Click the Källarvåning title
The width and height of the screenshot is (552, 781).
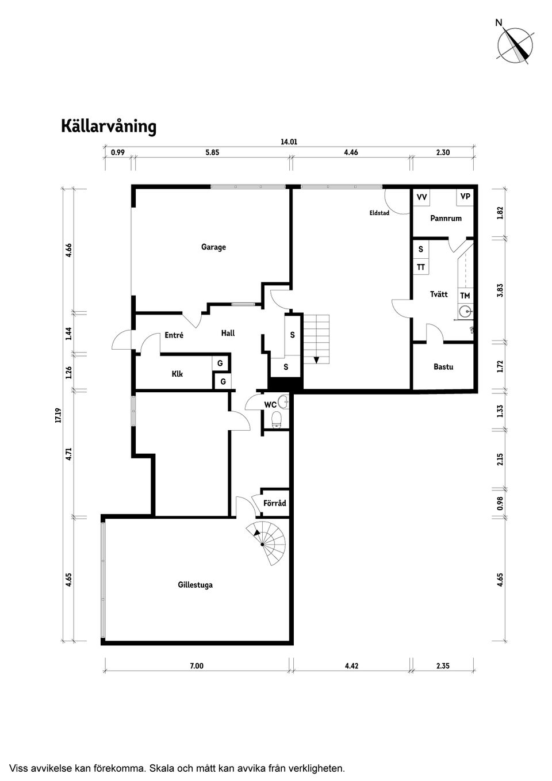pos(109,127)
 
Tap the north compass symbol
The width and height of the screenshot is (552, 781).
pos(515,44)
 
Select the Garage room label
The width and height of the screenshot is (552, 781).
pos(213,247)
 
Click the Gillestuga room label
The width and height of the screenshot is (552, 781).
pos(195,585)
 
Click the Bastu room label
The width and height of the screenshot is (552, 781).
pos(443,366)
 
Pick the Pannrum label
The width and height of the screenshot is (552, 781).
pos(446,219)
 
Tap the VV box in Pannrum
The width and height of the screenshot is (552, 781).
pos(421,197)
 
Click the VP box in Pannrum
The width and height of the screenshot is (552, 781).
pos(465,197)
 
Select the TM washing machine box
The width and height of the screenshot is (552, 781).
pos(465,296)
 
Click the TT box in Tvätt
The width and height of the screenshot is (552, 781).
pos(421,267)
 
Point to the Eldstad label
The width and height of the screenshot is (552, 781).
pos(379,213)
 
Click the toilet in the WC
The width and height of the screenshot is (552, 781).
pos(276,420)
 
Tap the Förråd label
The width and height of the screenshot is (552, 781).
pos(274,503)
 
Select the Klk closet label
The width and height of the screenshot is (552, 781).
pos(177,374)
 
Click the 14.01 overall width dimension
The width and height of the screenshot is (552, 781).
pos(289,141)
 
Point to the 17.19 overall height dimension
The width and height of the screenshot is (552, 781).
pos(57,415)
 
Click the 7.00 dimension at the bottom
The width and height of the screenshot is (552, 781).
pos(197,666)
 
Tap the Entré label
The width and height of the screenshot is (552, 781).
pos(174,335)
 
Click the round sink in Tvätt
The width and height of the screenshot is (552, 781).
pos(465,313)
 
